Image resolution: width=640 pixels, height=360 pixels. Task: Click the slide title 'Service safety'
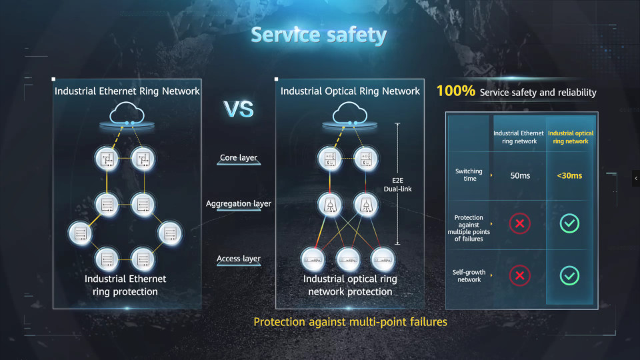coord(319,35)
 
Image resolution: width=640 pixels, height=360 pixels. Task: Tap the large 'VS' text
coord(238,109)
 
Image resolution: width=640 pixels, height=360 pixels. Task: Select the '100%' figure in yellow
coord(455,91)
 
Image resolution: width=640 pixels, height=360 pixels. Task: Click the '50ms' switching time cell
coord(519,176)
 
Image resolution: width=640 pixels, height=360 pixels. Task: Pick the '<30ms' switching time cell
coord(569,176)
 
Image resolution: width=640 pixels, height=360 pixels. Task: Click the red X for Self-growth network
coord(519,275)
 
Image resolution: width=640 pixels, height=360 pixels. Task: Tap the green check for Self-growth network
coord(569,275)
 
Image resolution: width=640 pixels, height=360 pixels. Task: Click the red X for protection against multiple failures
coord(519,224)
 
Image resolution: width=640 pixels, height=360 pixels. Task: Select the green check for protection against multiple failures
coord(569,224)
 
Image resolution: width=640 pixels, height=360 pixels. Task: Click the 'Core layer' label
coord(238,158)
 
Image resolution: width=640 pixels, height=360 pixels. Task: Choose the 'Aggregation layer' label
coord(238,203)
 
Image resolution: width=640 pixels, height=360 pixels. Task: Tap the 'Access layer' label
coord(238,259)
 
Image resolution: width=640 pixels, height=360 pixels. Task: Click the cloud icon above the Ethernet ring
coord(127,115)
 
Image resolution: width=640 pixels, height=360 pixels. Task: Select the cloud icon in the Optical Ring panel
coord(350,115)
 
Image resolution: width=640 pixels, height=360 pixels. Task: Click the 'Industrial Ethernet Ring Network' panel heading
coord(127,91)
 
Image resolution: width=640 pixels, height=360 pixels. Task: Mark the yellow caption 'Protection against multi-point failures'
coord(350,322)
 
